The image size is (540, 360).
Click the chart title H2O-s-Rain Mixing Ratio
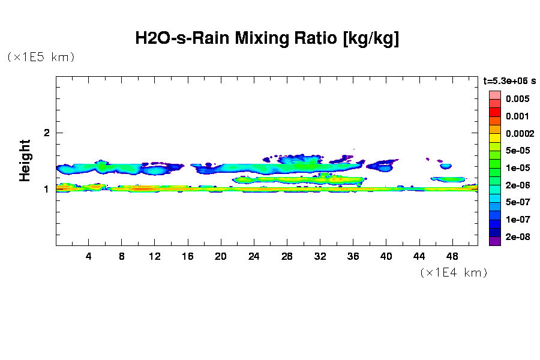[x=267, y=39]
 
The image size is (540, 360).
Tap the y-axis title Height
[x=25, y=160]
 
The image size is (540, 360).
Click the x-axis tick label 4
[x=89, y=256]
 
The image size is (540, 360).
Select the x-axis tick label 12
[x=155, y=256]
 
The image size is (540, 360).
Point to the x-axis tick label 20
[x=221, y=256]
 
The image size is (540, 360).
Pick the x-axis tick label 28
[x=287, y=256]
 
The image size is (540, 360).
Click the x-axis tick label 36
[x=353, y=256]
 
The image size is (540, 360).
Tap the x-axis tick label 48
[x=452, y=256]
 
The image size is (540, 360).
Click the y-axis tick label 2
[x=46, y=133]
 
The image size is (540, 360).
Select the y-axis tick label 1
[x=46, y=189]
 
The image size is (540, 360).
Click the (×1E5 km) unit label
[x=41, y=57]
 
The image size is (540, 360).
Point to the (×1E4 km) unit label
[x=454, y=272]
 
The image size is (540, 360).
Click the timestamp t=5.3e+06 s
[x=510, y=80]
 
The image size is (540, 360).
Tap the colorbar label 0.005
[x=517, y=98]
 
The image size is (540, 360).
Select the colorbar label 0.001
[x=517, y=116]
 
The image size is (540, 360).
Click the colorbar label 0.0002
[x=520, y=133]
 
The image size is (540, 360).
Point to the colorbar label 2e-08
[x=517, y=237]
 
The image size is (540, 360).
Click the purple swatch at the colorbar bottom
[x=494, y=242]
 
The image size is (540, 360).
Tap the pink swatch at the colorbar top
[x=494, y=95]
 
